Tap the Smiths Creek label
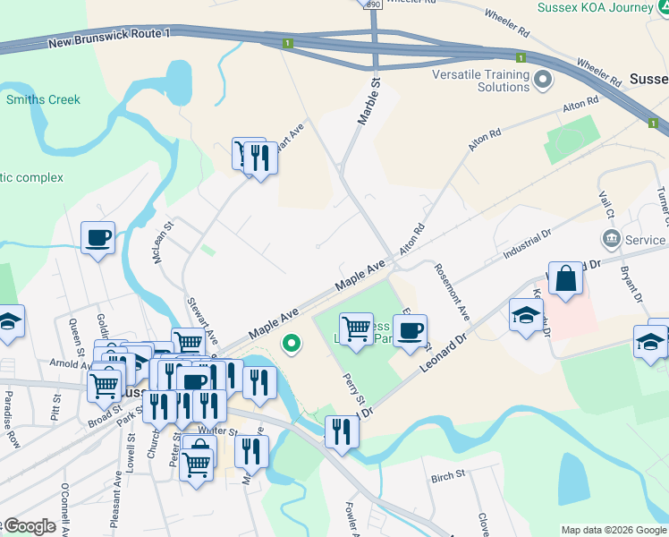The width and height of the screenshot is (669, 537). point(43,99)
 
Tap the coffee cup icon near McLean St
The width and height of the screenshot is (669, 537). point(98,239)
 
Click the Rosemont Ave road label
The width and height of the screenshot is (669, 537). point(452,292)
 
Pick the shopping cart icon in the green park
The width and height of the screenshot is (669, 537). point(357,328)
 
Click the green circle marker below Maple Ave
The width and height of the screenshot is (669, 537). point(292,343)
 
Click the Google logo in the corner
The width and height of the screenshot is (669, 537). point(29,526)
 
